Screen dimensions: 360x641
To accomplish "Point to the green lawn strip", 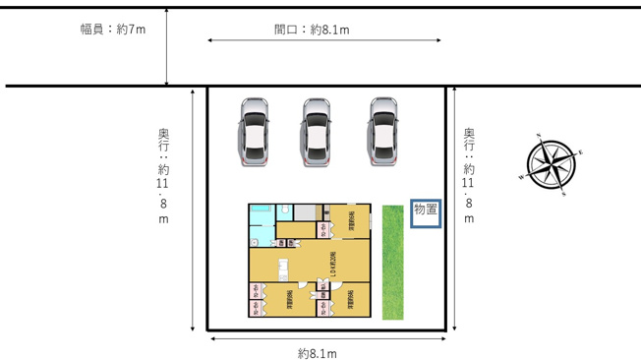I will click(x=393, y=262).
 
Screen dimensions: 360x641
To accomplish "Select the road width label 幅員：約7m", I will click(x=113, y=30).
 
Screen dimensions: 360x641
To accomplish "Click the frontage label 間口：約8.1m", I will click(x=312, y=30).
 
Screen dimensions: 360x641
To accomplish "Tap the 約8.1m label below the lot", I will click(x=318, y=353).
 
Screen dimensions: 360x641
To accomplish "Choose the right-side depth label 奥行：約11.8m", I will click(x=469, y=177).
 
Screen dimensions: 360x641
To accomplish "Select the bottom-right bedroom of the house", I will click(x=352, y=300).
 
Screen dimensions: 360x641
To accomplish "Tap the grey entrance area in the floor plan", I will click(x=307, y=212).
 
